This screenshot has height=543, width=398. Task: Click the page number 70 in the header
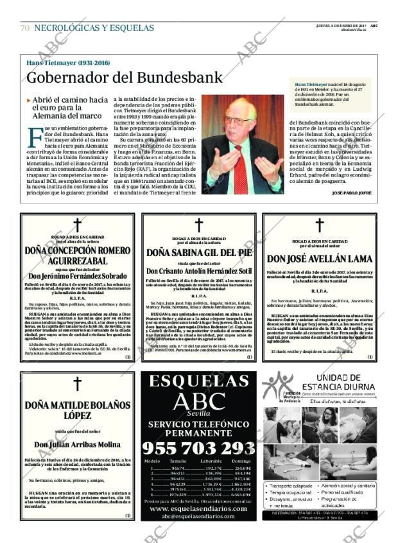coord(24,28)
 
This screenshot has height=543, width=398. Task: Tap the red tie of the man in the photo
coord(240,169)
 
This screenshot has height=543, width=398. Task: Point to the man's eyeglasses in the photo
coord(238,120)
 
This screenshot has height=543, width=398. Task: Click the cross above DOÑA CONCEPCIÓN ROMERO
coord(78,225)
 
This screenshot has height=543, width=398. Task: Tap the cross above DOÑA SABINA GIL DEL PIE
coord(199,225)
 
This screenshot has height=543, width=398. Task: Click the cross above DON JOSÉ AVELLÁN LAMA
coord(319,225)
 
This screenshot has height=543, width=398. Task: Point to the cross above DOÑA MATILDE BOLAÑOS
coord(78,384)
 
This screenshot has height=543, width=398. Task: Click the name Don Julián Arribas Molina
coord(77,444)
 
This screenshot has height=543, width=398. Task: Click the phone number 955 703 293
coord(198,447)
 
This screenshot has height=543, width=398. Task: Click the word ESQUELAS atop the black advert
coord(198,381)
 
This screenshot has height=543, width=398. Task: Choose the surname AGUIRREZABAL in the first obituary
coord(77,261)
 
